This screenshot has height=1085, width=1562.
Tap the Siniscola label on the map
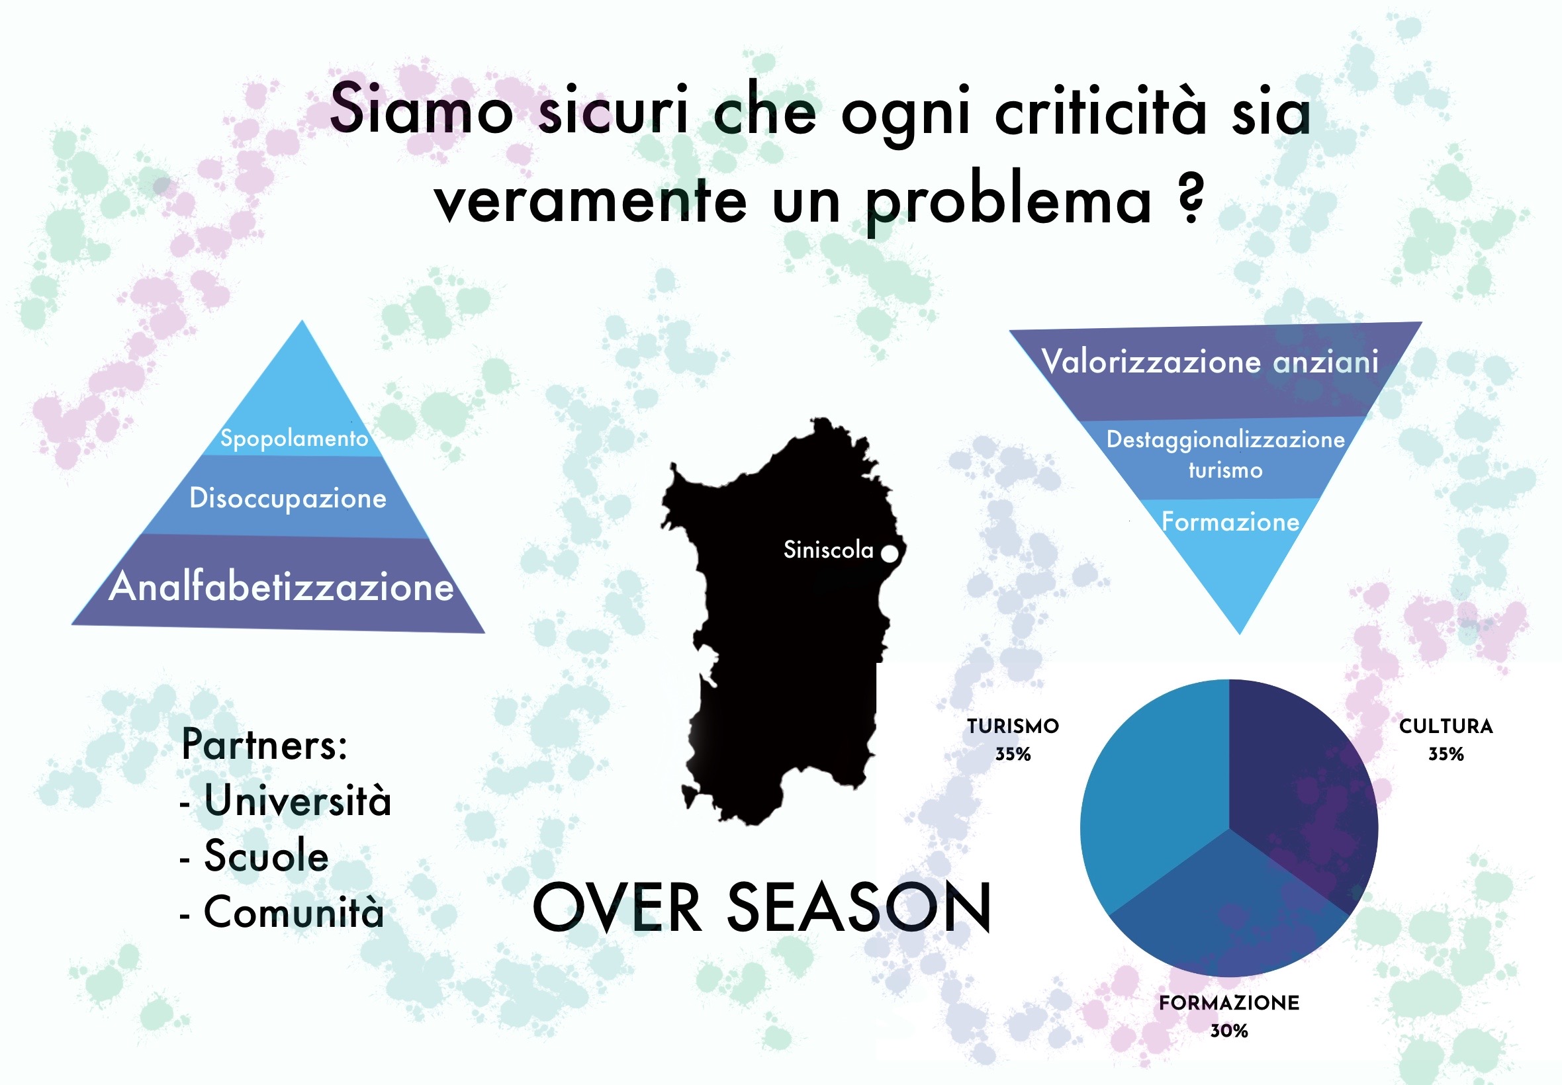pyautogui.click(x=828, y=549)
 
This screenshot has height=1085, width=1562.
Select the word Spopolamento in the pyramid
pyautogui.click(x=295, y=439)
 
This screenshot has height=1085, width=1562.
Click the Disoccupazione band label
pyautogui.click(x=288, y=498)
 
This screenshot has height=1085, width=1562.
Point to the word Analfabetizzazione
pyautogui.click(x=281, y=586)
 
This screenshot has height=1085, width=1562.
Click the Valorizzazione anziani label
pyautogui.click(x=1210, y=361)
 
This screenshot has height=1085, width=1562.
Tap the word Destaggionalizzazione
pyautogui.click(x=1225, y=440)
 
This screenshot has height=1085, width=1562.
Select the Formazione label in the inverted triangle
pyautogui.click(x=1230, y=521)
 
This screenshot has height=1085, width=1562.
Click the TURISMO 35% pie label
pyautogui.click(x=1013, y=740)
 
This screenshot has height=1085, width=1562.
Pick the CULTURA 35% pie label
pyautogui.click(x=1446, y=740)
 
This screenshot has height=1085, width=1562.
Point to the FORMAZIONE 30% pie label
pyautogui.click(x=1230, y=1016)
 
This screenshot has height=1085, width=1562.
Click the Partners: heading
pyautogui.click(x=265, y=744)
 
